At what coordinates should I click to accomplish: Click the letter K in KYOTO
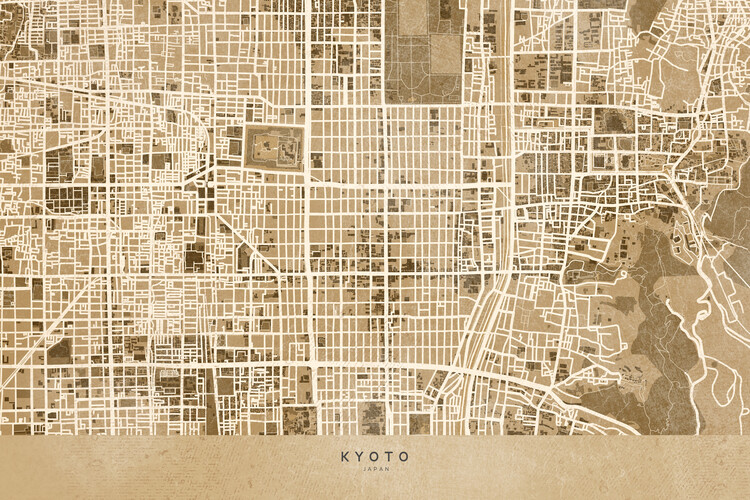click(x=345, y=456)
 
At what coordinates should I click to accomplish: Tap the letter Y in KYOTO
click(x=360, y=456)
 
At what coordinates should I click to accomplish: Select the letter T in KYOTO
click(x=390, y=456)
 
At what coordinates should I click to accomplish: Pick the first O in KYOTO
click(x=375, y=456)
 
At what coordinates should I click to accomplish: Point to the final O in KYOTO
click(x=404, y=456)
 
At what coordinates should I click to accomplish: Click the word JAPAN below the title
click(x=375, y=468)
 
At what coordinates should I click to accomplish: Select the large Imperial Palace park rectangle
click(x=425, y=50)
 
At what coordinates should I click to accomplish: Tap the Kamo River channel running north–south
click(x=498, y=150)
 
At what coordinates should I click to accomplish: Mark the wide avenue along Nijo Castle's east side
click(x=309, y=150)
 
